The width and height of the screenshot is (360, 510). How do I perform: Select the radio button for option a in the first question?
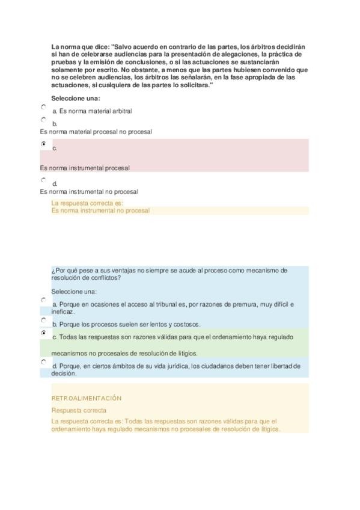tap(43, 106)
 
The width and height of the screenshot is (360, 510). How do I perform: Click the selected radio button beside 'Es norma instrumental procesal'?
tap(43, 144)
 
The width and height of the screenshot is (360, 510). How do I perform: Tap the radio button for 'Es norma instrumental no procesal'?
tap(43, 179)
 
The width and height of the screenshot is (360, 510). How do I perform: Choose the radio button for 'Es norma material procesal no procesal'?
tap(43, 120)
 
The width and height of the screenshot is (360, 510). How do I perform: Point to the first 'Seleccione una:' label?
tap(75, 98)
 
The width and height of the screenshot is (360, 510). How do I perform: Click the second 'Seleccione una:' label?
tap(75, 292)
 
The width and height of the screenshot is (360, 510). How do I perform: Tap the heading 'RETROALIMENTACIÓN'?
tap(87, 398)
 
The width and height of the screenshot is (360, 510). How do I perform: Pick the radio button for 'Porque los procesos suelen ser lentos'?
tap(43, 320)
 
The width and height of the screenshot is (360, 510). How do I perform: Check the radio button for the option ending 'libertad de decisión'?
tap(43, 362)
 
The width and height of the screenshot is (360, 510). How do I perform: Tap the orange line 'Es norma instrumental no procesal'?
tap(100, 210)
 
